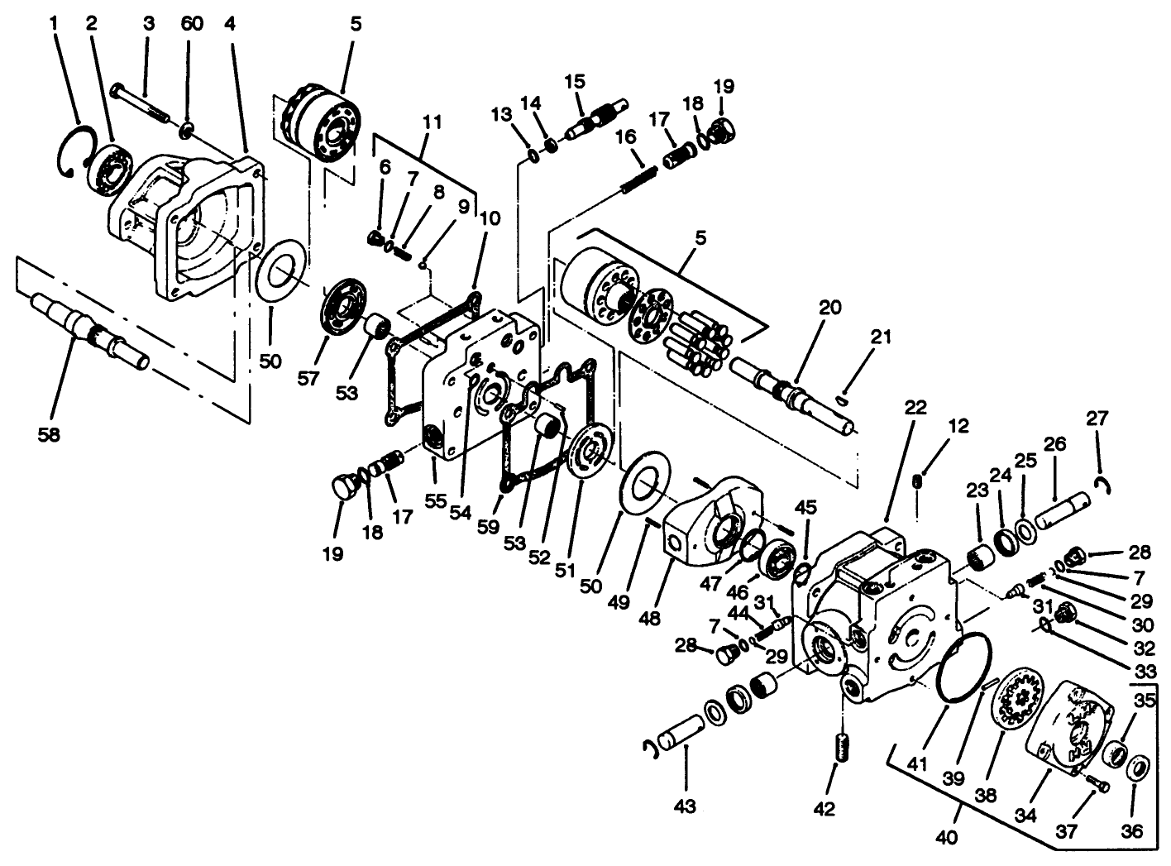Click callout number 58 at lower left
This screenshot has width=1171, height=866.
click(x=50, y=434)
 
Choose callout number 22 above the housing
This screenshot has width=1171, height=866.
click(x=915, y=408)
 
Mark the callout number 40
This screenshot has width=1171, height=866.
click(x=947, y=836)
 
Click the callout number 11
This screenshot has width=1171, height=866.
click(x=433, y=122)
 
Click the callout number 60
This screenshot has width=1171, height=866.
click(x=192, y=23)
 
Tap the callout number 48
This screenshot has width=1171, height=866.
click(x=650, y=617)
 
